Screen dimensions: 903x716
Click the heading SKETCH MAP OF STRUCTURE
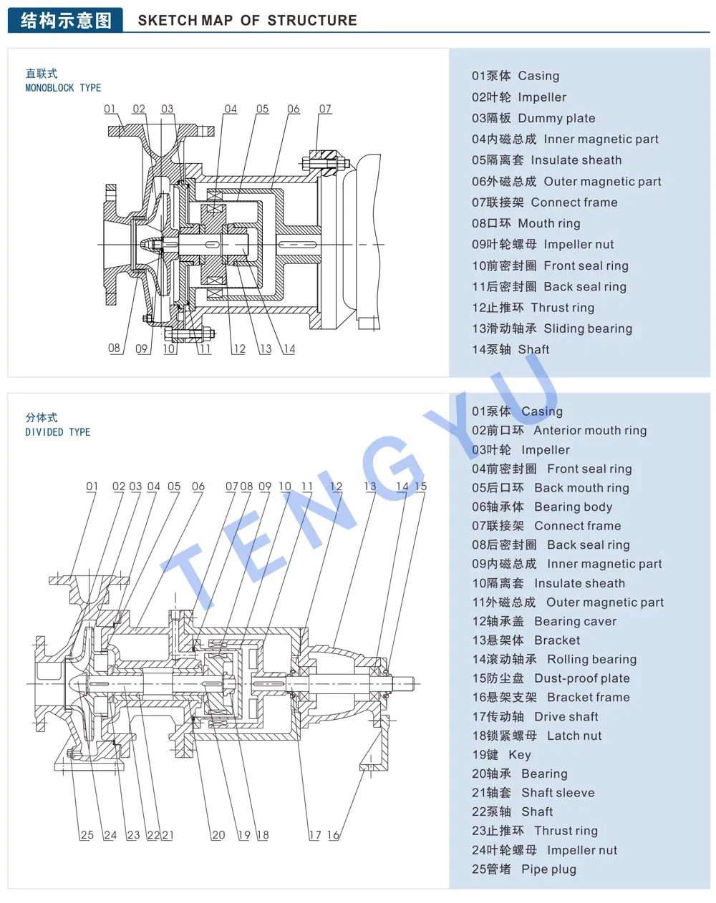(247, 20)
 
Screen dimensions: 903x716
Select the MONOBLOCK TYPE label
(63, 88)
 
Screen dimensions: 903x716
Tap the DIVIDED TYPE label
(57, 432)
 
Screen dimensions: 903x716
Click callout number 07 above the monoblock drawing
(325, 109)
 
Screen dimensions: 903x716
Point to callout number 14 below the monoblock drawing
(289, 349)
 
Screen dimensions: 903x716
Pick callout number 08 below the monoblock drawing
(115, 348)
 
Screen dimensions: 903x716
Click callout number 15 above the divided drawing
(420, 487)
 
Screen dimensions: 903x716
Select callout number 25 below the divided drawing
(87, 835)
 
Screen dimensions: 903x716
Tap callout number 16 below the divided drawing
(333, 835)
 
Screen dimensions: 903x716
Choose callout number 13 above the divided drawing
(369, 487)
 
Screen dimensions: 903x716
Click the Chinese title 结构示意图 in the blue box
(66, 20)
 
